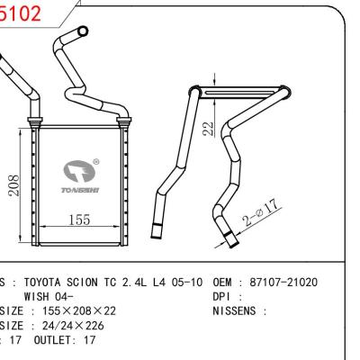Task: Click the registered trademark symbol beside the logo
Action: (109, 162)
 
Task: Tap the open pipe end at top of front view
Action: (82, 33)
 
